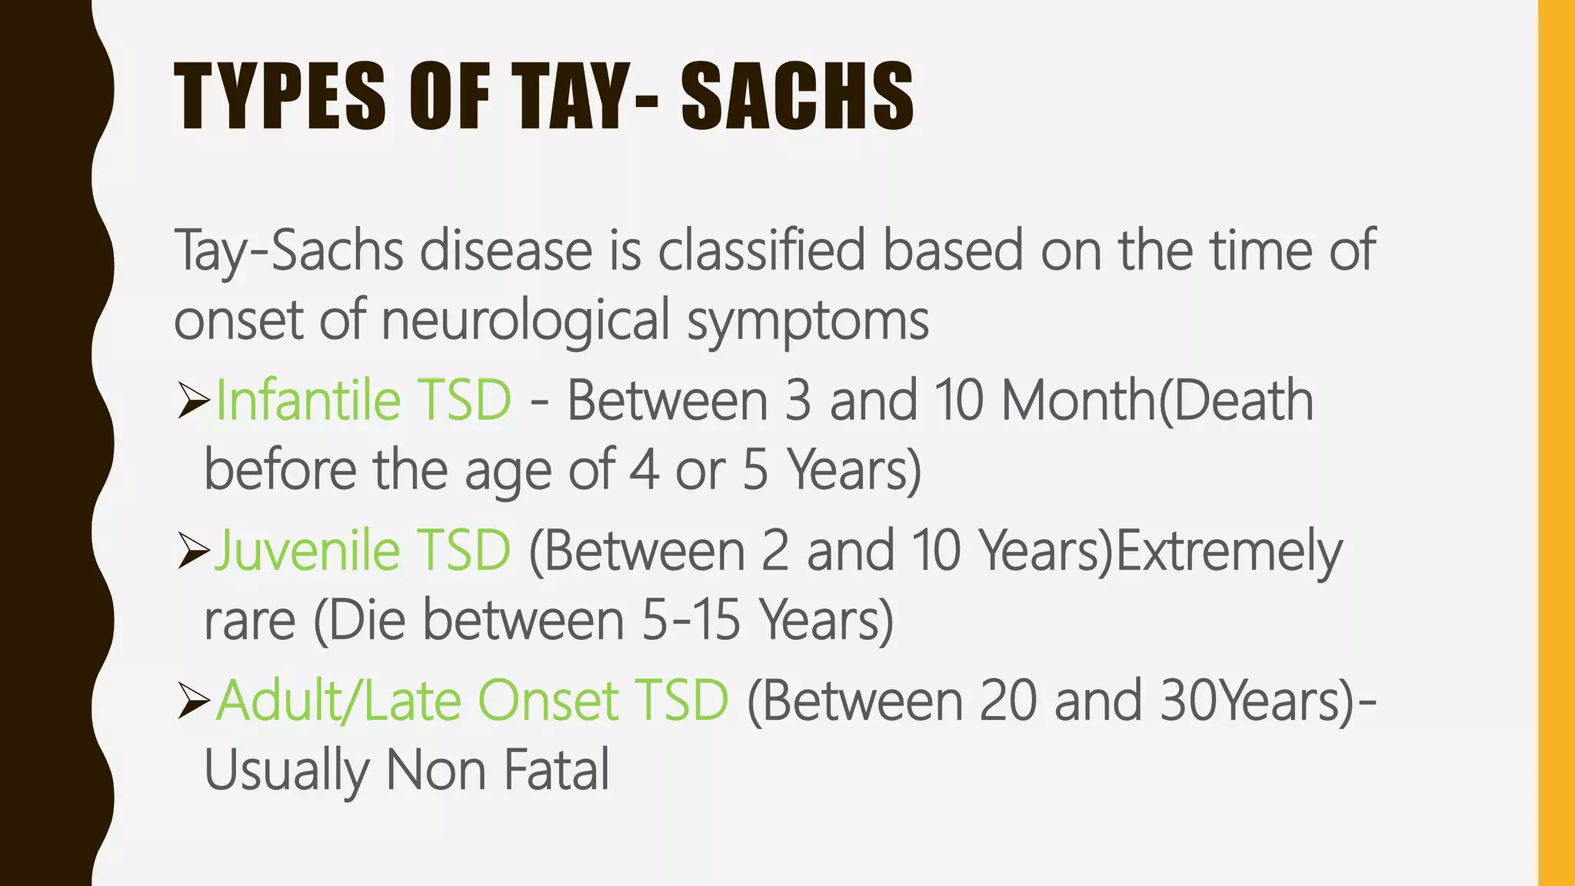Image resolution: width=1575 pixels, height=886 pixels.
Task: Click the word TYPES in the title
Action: coord(280,97)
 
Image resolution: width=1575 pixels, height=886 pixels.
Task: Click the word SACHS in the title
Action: coord(797,97)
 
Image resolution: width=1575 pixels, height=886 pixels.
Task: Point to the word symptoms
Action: coord(807,321)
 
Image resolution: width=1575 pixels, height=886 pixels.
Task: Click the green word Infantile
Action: coord(308,400)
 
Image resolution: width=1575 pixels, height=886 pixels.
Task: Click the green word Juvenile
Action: coord(307,551)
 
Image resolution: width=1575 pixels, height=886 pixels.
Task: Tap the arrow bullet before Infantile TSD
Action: coord(192,401)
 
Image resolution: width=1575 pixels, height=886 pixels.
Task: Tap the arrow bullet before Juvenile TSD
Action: coord(192,551)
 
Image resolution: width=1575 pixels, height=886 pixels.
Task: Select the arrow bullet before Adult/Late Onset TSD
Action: coord(192,701)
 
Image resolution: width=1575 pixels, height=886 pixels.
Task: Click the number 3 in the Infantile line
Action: coord(797,401)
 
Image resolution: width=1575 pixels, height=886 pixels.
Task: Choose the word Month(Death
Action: coord(1157,401)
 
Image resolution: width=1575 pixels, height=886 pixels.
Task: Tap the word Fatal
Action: coord(557,770)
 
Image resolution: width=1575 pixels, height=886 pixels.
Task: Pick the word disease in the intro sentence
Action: coord(505,251)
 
